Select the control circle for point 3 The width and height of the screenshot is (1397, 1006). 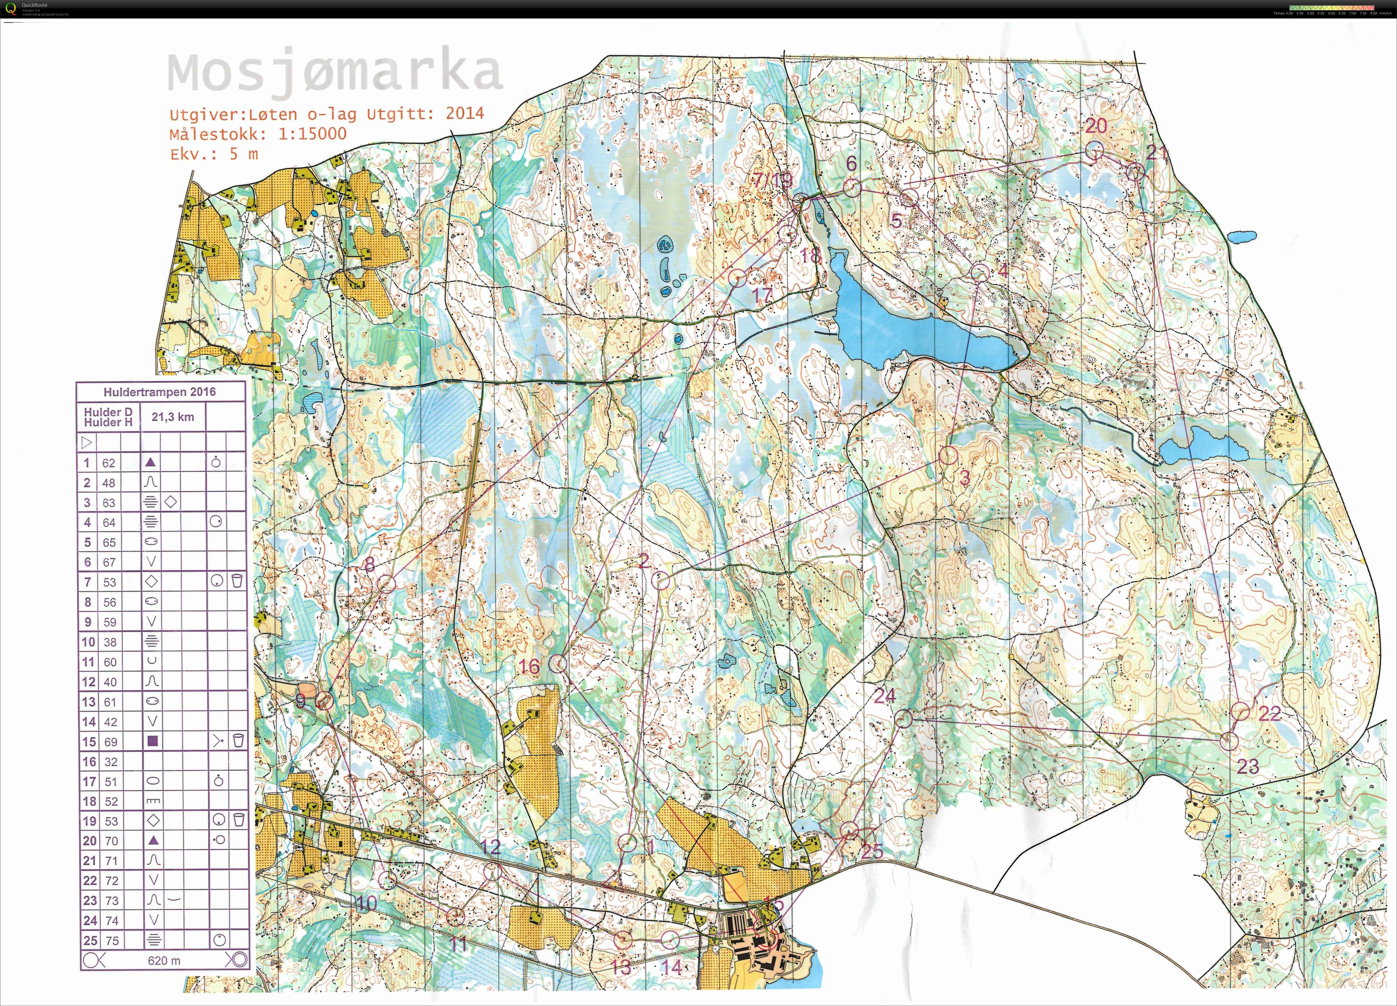point(948,456)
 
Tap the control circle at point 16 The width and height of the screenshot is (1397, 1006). point(558,663)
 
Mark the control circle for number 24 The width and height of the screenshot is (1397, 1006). point(903,718)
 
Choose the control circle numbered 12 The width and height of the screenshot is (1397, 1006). point(491,872)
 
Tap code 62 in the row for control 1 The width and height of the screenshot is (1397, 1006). point(108,463)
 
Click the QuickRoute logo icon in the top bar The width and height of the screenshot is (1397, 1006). point(10,8)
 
